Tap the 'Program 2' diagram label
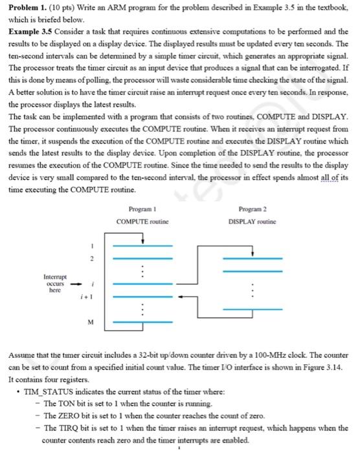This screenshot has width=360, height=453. tap(253, 210)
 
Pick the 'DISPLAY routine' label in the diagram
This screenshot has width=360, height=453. tap(253, 221)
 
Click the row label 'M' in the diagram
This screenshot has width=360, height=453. tap(93, 321)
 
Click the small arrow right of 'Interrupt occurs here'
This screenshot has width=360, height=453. tap(76, 282)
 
